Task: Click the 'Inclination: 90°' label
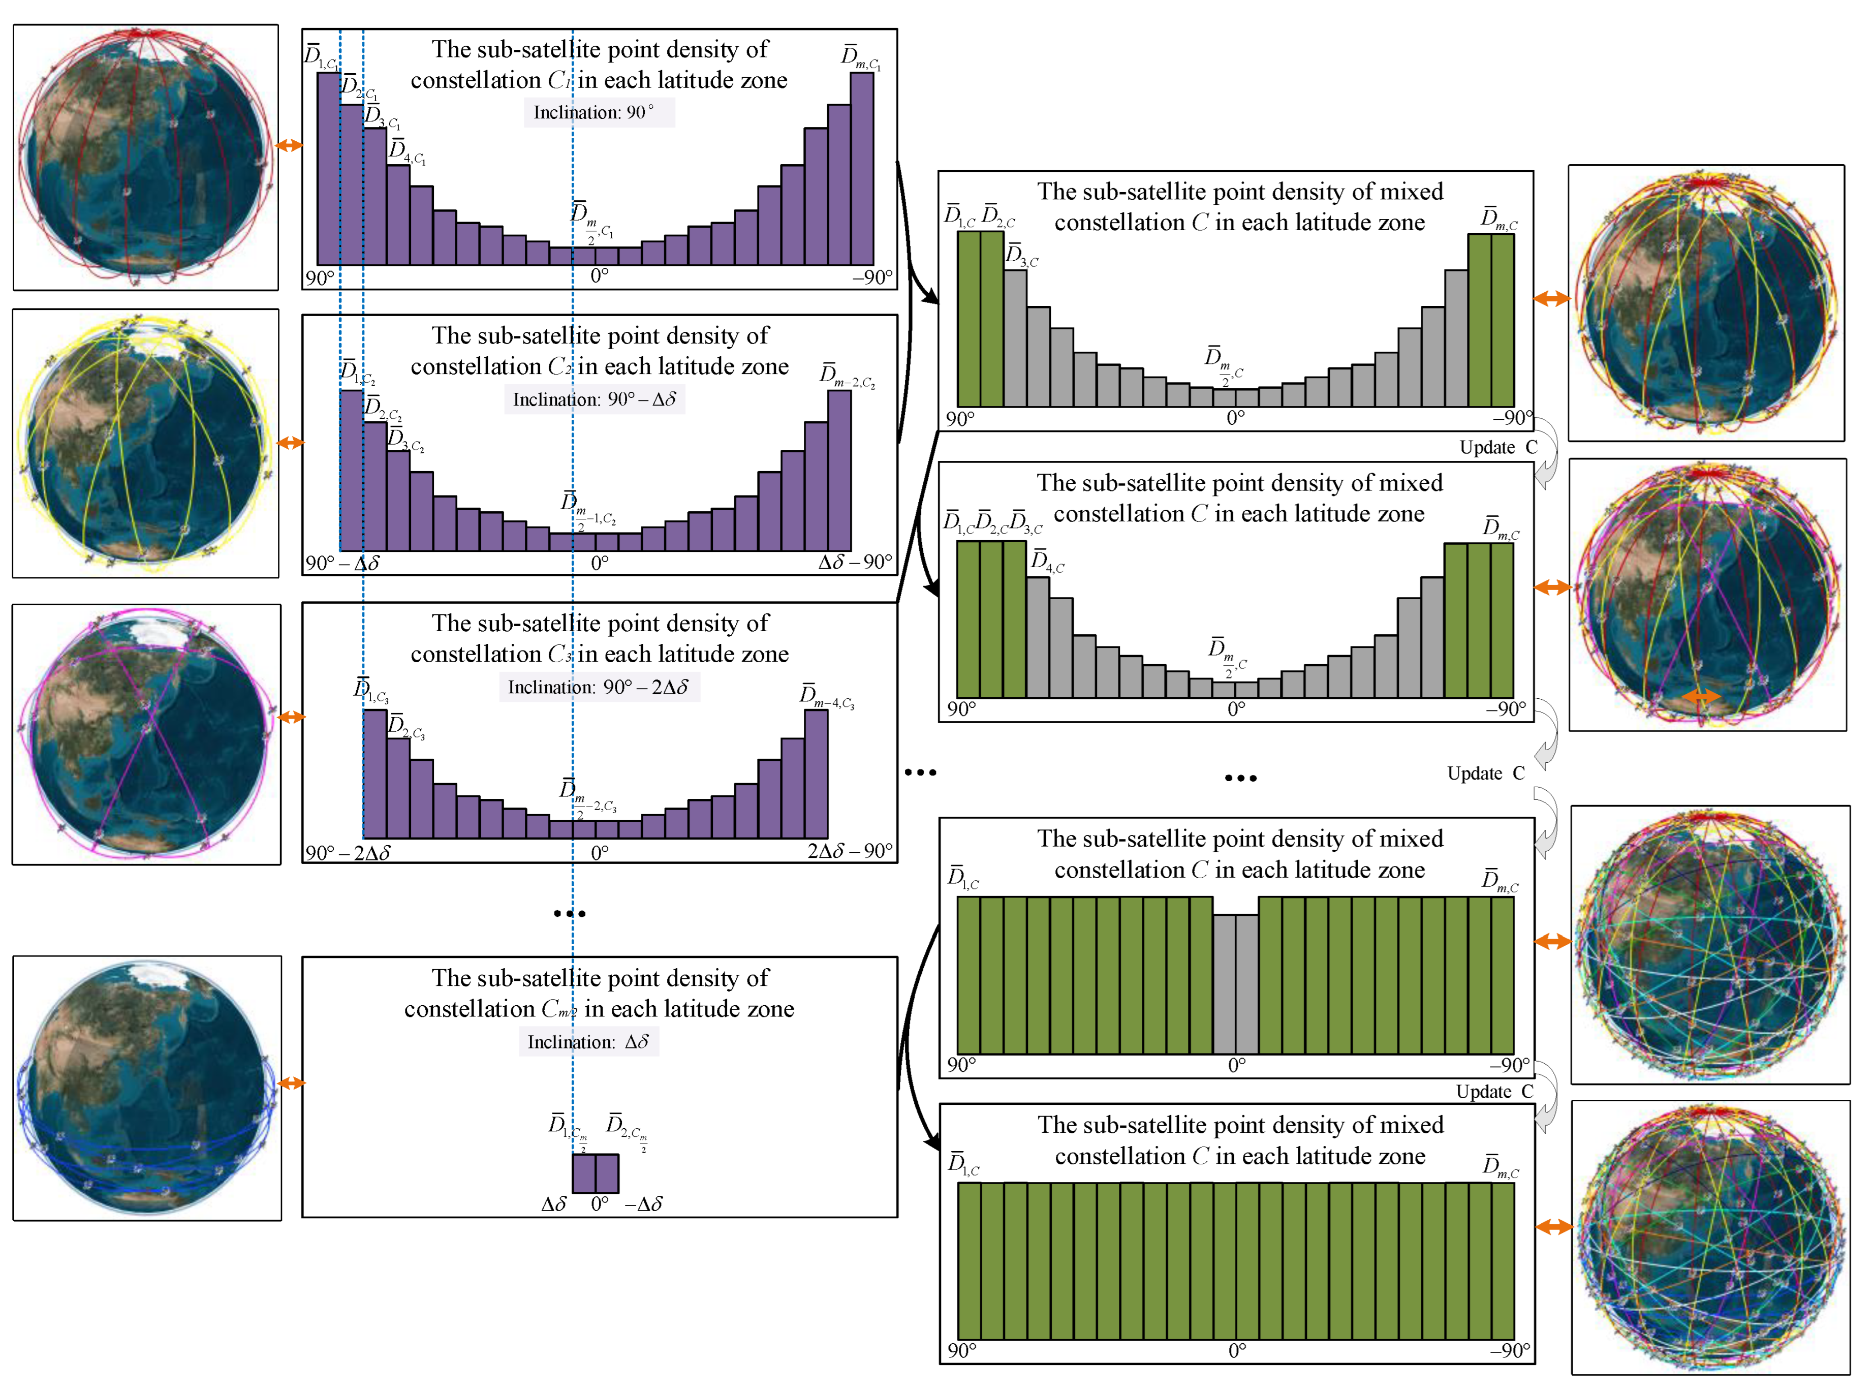pyautogui.click(x=599, y=112)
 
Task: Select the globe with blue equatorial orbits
pyautogui.click(x=147, y=1088)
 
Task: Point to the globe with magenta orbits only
pyautogui.click(x=146, y=734)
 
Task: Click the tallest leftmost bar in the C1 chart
pyautogui.click(x=328, y=169)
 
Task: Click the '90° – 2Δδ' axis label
pyautogui.click(x=348, y=852)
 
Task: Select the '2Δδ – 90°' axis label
pyautogui.click(x=849, y=851)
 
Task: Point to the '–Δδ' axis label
pyautogui.click(x=644, y=1204)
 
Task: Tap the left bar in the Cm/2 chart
pyautogui.click(x=583, y=1173)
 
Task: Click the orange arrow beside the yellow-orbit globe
pyautogui.click(x=291, y=443)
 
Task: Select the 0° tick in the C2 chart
pyautogui.click(x=600, y=563)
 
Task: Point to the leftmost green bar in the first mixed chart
pyautogui.click(x=969, y=319)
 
